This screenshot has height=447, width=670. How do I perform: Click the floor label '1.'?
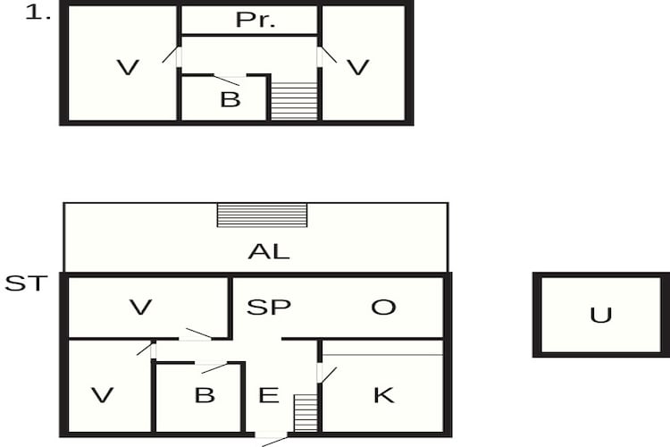coord(38,13)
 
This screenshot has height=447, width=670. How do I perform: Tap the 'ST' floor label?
coord(26,283)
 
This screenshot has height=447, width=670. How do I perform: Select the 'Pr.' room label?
coord(255,20)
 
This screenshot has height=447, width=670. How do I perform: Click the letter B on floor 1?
coord(230,99)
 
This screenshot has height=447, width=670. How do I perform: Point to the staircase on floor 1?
coord(295,101)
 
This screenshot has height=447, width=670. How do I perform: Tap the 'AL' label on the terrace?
coord(269,251)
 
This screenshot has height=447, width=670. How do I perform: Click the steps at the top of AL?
coord(262,215)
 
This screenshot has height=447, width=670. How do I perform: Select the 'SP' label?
coord(269,307)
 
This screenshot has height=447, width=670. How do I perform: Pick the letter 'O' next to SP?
coord(383,307)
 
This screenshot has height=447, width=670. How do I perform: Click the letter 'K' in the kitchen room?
coord(384,395)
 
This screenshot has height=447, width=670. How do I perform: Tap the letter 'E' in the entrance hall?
coord(269,395)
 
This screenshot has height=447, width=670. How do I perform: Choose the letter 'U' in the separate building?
coord(601,316)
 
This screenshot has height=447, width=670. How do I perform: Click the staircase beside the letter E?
coord(306,413)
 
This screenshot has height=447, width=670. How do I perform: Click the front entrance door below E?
coord(272,438)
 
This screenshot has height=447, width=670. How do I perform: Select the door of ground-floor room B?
coord(211,367)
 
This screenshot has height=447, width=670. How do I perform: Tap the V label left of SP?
coord(140,307)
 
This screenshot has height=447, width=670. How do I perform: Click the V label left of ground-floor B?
coord(103,395)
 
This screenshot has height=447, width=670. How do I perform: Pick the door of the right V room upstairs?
coord(327,56)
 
